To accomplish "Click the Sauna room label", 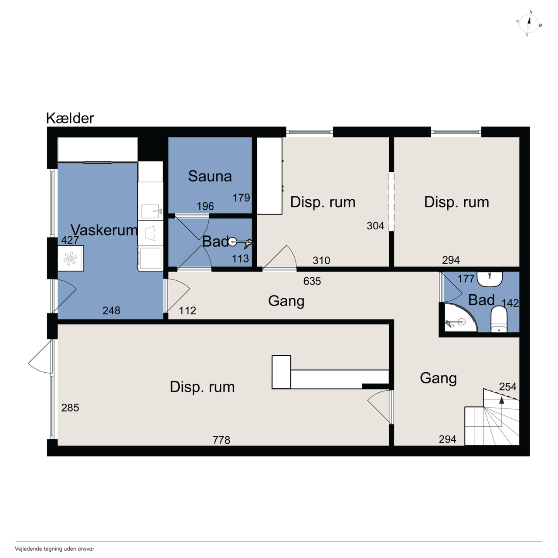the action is (210, 176).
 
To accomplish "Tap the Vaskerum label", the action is (104, 230).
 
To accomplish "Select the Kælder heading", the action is (70, 118).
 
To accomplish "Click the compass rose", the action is (529, 24).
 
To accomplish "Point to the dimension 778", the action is (221, 440).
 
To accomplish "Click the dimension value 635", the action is (312, 281).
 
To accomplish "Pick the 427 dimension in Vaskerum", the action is (70, 240).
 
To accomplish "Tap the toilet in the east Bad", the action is (499, 319).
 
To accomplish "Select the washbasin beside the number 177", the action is (490, 279).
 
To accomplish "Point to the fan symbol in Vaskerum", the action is (70, 259).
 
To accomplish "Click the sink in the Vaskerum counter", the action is (150, 211).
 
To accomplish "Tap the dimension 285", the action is (70, 408).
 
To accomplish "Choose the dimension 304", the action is (375, 225).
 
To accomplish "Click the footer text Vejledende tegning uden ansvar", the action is (54, 548).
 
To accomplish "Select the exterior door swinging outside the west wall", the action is (41, 357).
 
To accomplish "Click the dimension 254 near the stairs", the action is (507, 386).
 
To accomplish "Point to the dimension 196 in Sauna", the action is (205, 206).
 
